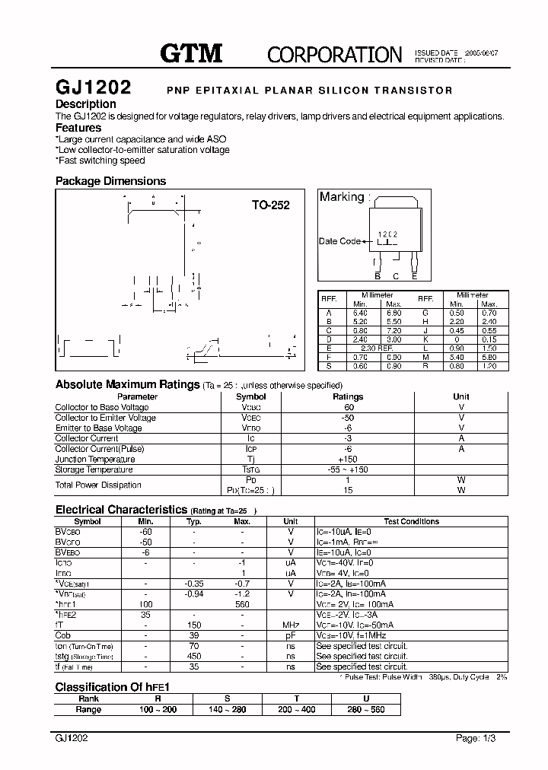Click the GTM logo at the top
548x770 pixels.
(x=191, y=53)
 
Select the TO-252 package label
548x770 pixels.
(x=271, y=205)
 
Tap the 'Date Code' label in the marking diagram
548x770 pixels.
(x=339, y=241)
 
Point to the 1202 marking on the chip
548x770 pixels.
(x=388, y=236)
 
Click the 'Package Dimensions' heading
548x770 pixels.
(x=110, y=181)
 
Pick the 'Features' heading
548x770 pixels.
(x=78, y=128)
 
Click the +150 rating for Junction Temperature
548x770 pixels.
(x=348, y=460)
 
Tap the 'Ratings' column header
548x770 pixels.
(x=348, y=396)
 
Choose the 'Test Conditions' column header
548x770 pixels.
(x=411, y=521)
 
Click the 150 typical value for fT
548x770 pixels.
(x=193, y=625)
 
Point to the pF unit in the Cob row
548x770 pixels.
(x=290, y=635)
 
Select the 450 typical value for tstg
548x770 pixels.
(x=193, y=656)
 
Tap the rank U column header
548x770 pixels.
(x=365, y=698)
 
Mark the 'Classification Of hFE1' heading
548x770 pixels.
(x=111, y=686)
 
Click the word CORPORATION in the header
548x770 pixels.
(x=334, y=54)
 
